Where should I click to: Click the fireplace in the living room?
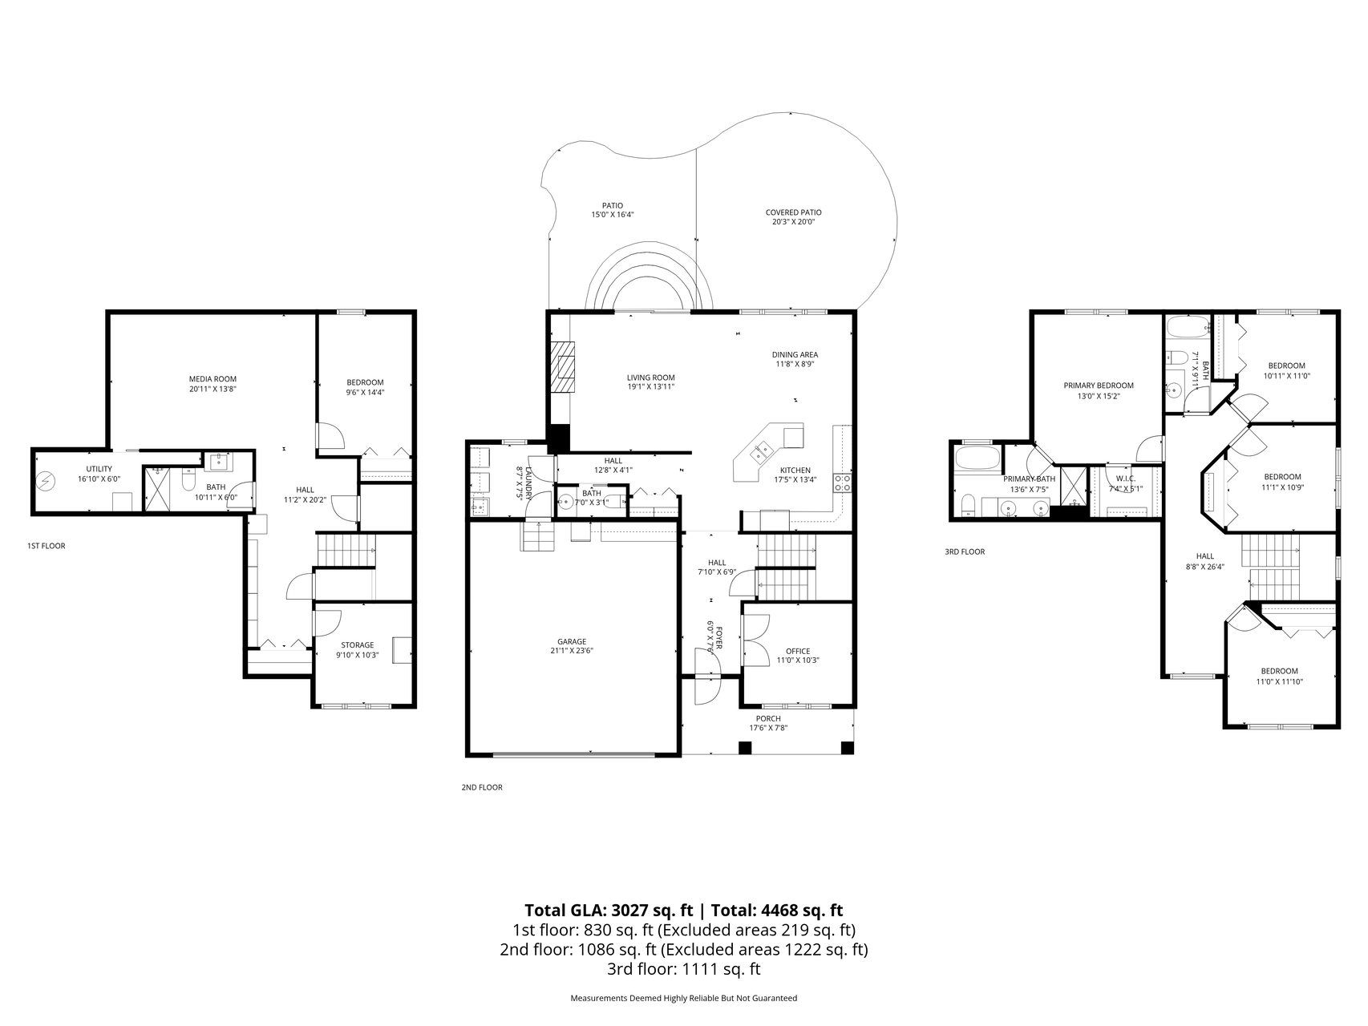564,366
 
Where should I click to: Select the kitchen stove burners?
843,483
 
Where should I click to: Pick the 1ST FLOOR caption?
47,546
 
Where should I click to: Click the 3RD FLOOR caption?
965,551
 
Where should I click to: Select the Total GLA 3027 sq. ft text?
610,910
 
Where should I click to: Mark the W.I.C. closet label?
1125,479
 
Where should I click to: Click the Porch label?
768,718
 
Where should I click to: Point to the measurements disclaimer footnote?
684,998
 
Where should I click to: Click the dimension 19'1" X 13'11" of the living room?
651,387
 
